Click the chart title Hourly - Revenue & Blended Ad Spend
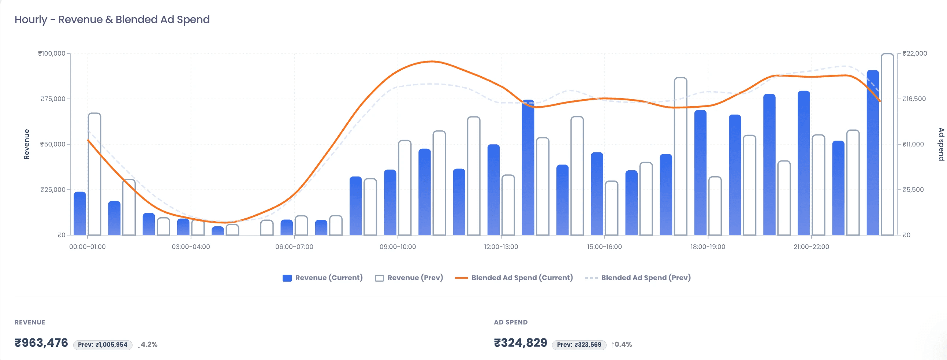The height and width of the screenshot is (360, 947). click(x=112, y=19)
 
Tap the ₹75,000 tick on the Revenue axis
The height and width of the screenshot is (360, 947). click(x=53, y=99)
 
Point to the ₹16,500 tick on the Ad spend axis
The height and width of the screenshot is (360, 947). click(x=914, y=99)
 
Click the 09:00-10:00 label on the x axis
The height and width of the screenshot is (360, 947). click(x=398, y=247)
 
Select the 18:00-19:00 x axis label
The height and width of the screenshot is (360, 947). click(x=707, y=247)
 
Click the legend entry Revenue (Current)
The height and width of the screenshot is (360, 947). click(x=322, y=278)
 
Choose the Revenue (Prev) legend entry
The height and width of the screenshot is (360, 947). click(x=409, y=278)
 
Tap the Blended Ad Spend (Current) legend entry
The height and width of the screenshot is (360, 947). click(x=514, y=278)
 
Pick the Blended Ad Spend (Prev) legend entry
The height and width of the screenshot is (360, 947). click(x=638, y=278)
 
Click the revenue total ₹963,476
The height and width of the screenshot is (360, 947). click(x=41, y=343)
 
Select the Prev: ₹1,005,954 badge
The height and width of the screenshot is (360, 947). click(x=102, y=345)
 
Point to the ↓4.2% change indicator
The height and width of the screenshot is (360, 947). click(x=148, y=345)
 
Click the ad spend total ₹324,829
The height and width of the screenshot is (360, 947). click(x=520, y=343)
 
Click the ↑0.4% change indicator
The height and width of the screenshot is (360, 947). click(x=622, y=345)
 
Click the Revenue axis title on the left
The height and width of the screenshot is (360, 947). click(x=26, y=144)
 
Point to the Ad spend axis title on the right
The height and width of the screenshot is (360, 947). click(x=941, y=144)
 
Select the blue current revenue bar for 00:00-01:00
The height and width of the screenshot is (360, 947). click(x=80, y=214)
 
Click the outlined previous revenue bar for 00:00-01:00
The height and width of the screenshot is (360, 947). click(x=94, y=174)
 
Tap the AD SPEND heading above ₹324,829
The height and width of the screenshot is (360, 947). click(x=510, y=322)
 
